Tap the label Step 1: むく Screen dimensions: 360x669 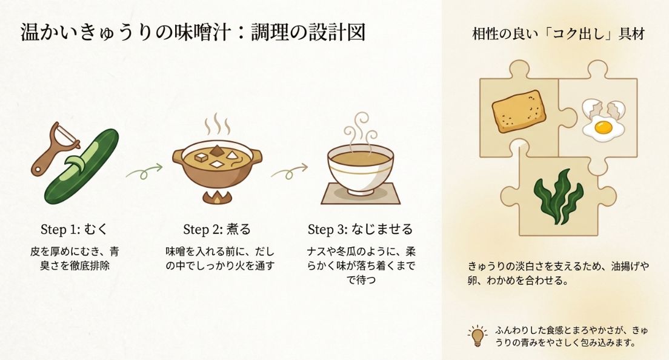tap(76, 229)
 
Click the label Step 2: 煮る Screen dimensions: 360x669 tap(216, 229)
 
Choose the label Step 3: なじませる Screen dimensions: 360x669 tap(360, 229)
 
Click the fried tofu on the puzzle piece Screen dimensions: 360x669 tap(519, 112)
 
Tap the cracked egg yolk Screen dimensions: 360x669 tap(602, 127)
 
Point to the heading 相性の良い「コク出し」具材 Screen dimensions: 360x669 tap(557, 34)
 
